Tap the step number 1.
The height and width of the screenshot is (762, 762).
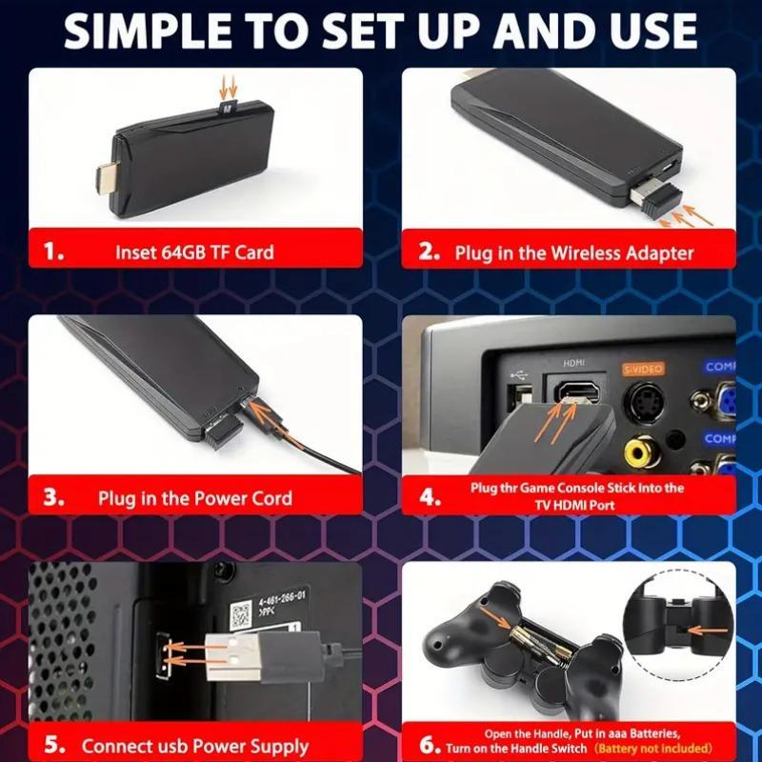click(x=55, y=252)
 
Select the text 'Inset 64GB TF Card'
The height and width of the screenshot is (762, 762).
click(x=194, y=252)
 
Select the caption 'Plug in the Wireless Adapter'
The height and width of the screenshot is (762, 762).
click(x=574, y=252)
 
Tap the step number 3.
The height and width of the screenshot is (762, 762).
click(x=54, y=497)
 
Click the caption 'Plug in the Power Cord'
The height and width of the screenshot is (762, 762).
click(x=194, y=498)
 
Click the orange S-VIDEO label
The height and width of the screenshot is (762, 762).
click(x=643, y=367)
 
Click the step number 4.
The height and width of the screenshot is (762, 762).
click(x=431, y=497)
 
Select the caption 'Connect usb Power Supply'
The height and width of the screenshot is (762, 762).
click(x=194, y=746)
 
